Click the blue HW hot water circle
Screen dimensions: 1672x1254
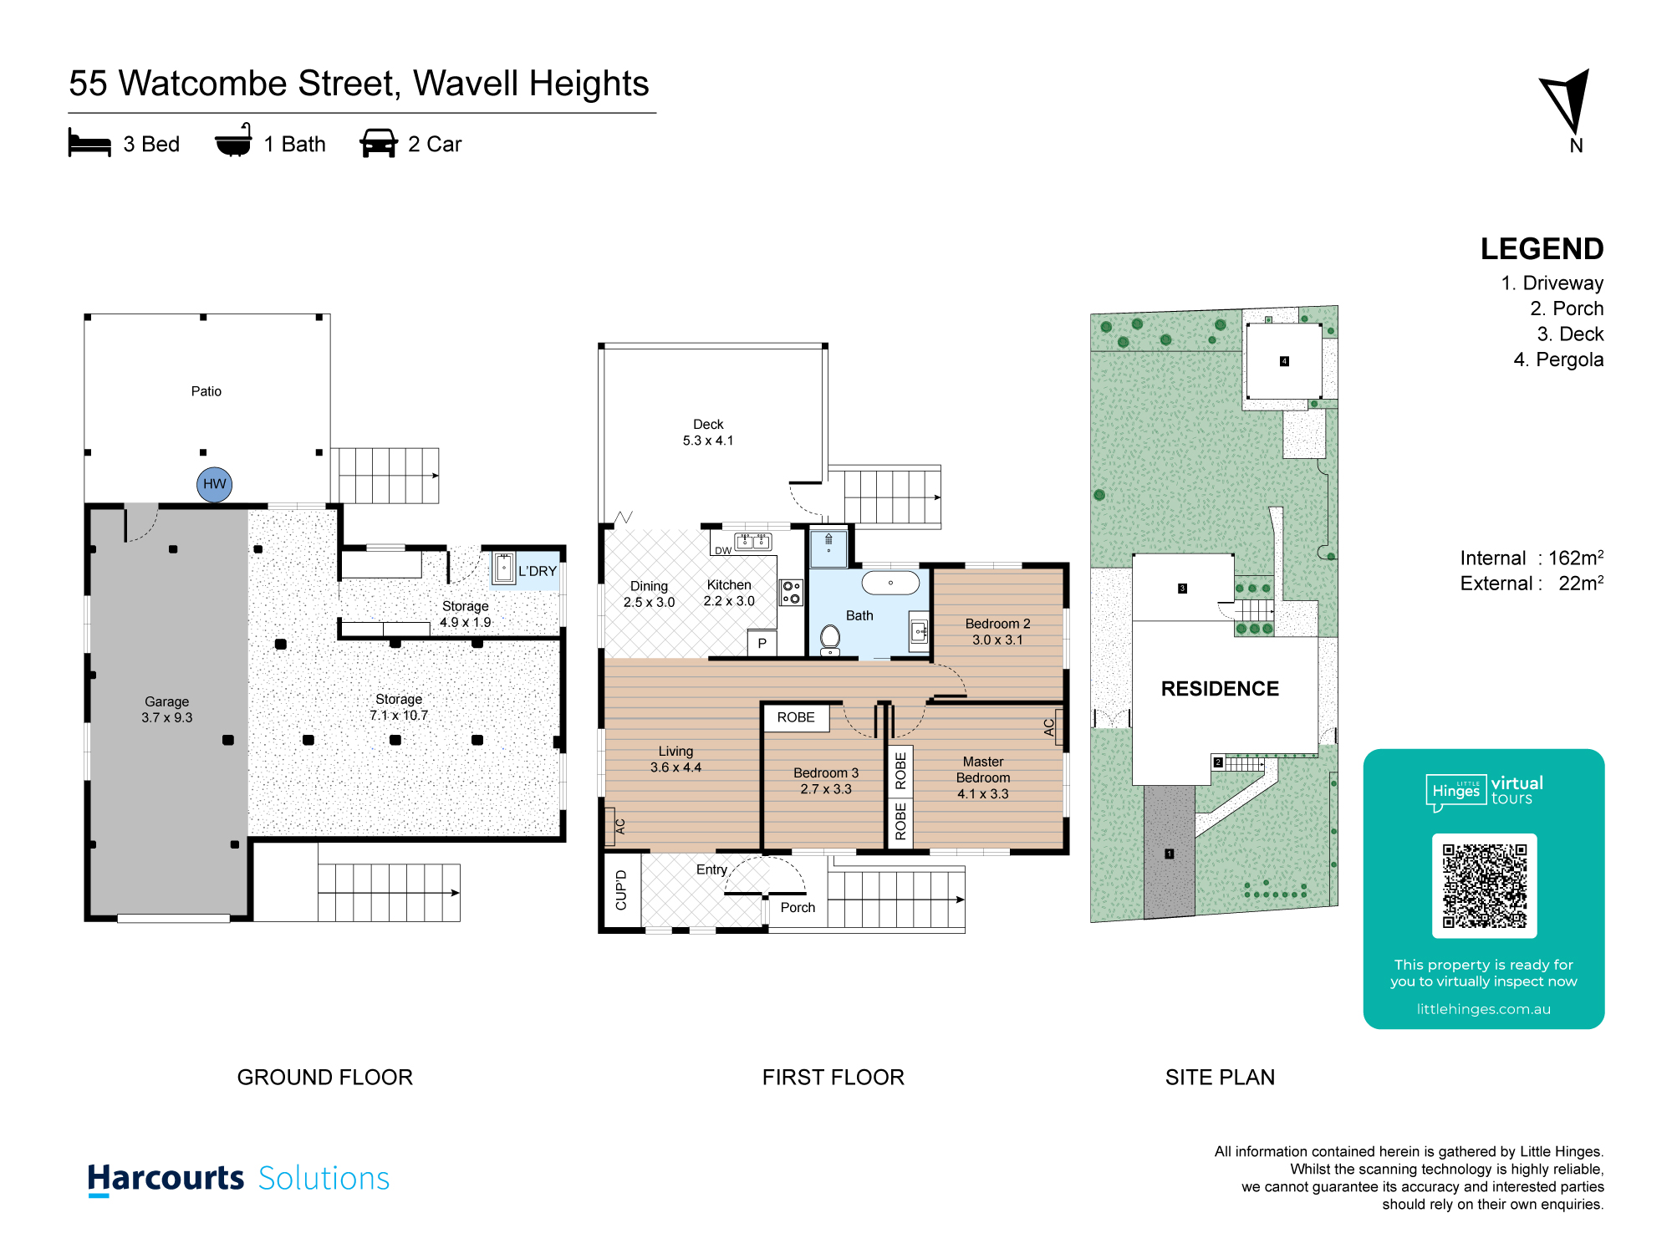215,484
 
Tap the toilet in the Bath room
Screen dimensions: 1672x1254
830,640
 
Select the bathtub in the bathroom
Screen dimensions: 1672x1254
890,583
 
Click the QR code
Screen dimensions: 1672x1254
1484,885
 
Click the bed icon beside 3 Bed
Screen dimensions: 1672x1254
89,143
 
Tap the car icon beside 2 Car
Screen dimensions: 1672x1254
379,143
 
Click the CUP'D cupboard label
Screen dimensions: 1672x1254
621,890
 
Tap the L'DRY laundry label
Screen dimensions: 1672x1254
537,571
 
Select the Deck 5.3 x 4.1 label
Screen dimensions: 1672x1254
708,432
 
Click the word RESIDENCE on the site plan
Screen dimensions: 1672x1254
1220,689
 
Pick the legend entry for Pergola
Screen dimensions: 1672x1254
1558,359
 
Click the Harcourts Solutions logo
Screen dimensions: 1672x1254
238,1179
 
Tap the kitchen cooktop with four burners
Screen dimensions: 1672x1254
791,593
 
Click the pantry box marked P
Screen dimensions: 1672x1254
762,643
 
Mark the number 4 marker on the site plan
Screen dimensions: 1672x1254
1284,361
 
